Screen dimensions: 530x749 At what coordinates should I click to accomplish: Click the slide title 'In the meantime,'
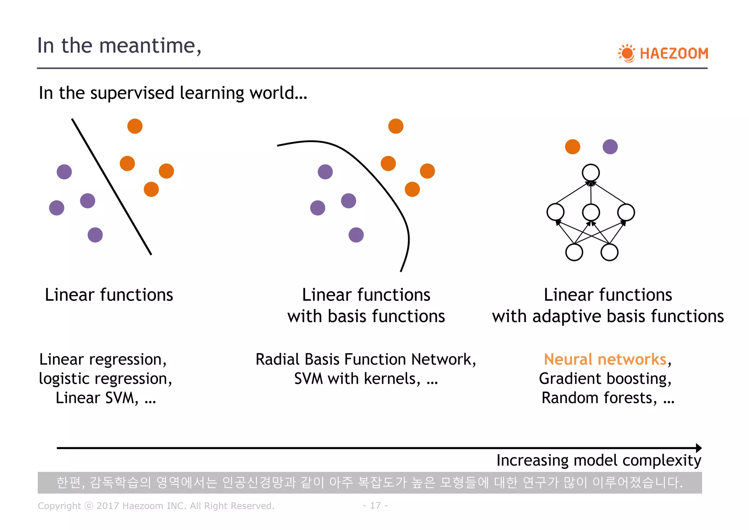tap(119, 46)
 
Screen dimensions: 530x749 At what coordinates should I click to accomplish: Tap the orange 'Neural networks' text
tap(605, 359)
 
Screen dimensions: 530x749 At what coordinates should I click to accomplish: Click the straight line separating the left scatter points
tap(112, 187)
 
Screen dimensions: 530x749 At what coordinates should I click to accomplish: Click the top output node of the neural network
tap(591, 172)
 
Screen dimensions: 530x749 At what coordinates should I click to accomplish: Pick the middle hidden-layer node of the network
tap(591, 212)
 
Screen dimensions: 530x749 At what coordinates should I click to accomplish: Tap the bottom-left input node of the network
tap(574, 252)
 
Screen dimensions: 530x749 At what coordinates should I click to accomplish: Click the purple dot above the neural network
tap(610, 147)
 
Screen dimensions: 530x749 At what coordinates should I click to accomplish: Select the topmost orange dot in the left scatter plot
tap(135, 126)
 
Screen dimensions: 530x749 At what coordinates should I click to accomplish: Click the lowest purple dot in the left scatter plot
tap(95, 235)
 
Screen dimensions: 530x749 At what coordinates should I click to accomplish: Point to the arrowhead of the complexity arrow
tap(699, 448)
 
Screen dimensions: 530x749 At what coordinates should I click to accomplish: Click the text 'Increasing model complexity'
tap(598, 460)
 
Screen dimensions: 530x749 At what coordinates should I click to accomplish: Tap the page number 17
tap(375, 505)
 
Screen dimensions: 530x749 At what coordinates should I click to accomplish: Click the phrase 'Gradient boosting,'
tap(605, 379)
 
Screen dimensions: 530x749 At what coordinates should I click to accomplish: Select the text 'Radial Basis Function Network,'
tap(366, 359)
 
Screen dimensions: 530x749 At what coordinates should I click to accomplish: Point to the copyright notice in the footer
tap(156, 506)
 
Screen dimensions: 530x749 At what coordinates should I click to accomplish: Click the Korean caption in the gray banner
tap(369, 483)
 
